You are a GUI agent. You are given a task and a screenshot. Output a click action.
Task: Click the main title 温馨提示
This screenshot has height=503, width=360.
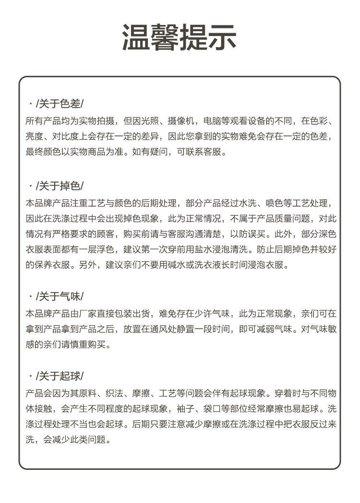(x=180, y=37)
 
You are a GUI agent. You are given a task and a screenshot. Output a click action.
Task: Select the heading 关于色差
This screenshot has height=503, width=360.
(x=60, y=103)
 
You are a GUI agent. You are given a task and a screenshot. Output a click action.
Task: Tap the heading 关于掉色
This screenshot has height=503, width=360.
(x=60, y=186)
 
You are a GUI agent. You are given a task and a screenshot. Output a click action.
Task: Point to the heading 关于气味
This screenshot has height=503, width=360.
(x=60, y=296)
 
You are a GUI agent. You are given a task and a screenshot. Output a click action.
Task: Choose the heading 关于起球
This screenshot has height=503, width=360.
(x=60, y=376)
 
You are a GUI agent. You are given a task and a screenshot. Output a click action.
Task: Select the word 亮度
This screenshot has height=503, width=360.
(x=34, y=136)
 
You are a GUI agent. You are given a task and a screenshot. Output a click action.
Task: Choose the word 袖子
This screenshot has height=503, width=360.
(x=185, y=409)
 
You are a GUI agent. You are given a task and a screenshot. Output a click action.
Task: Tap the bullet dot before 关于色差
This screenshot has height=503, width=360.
(x=31, y=103)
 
